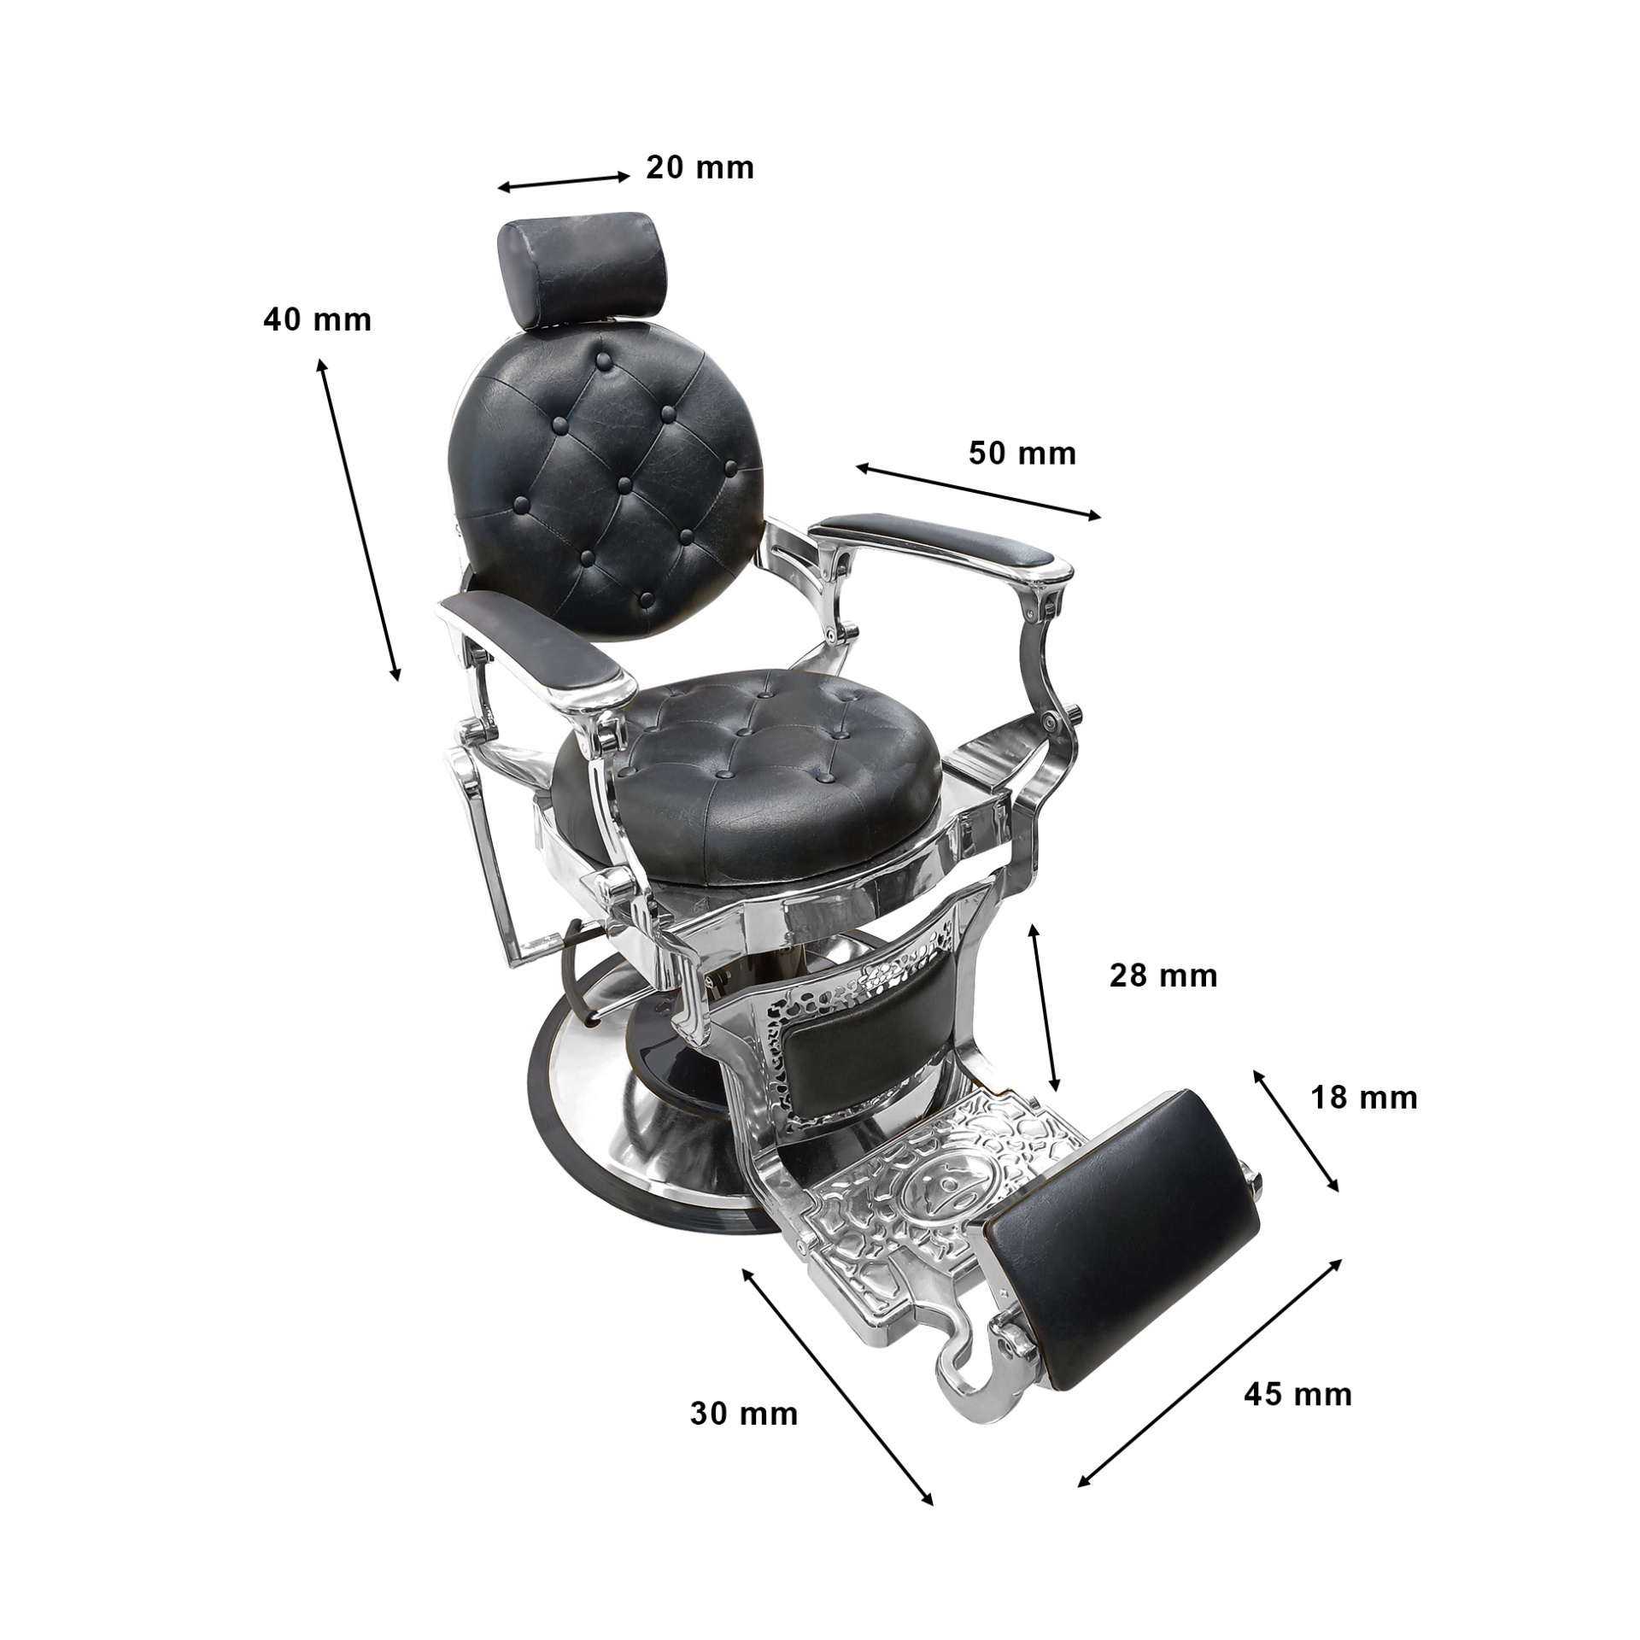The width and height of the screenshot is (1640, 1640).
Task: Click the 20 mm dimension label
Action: click(x=700, y=168)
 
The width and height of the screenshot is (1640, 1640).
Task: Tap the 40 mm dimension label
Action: click(x=317, y=320)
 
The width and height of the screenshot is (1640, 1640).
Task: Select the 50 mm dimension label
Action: click(x=1022, y=453)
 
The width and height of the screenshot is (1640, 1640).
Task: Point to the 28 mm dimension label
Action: click(x=1163, y=975)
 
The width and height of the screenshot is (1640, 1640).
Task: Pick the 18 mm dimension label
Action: click(x=1364, y=1098)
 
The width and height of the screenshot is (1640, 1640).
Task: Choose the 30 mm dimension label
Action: click(x=744, y=1414)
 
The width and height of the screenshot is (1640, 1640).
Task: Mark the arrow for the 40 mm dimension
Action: click(x=359, y=520)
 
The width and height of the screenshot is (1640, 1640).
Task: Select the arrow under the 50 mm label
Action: click(x=979, y=491)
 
